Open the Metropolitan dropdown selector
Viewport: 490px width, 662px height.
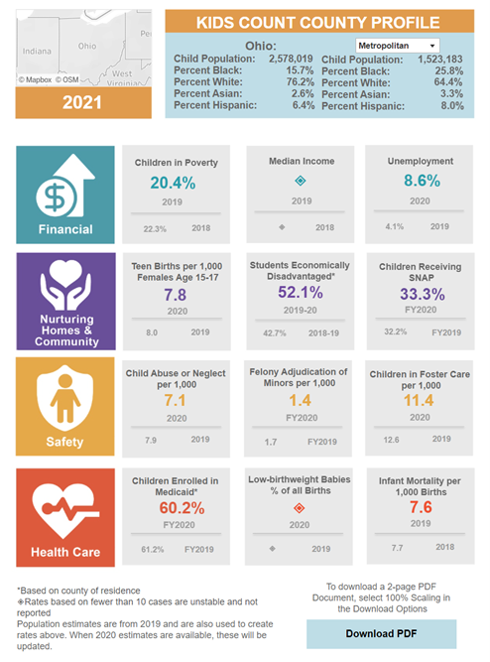[396, 45]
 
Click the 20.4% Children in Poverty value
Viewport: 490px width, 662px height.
[174, 182]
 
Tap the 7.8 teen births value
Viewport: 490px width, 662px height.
[175, 295]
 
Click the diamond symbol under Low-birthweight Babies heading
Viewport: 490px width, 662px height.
[300, 507]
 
